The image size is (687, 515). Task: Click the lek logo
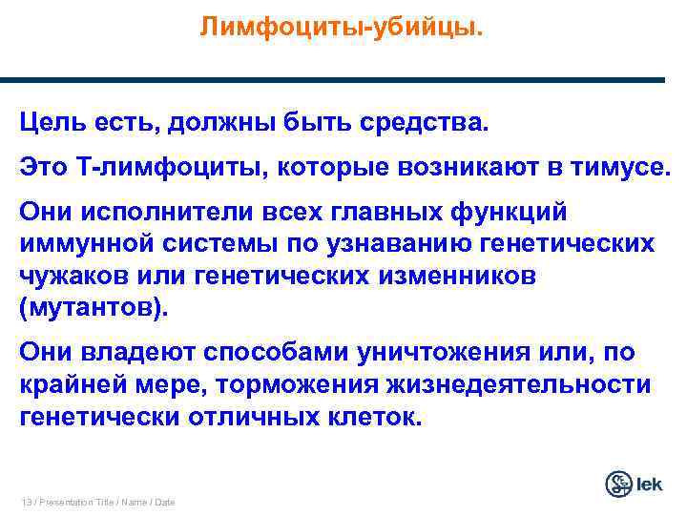pos(633,484)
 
